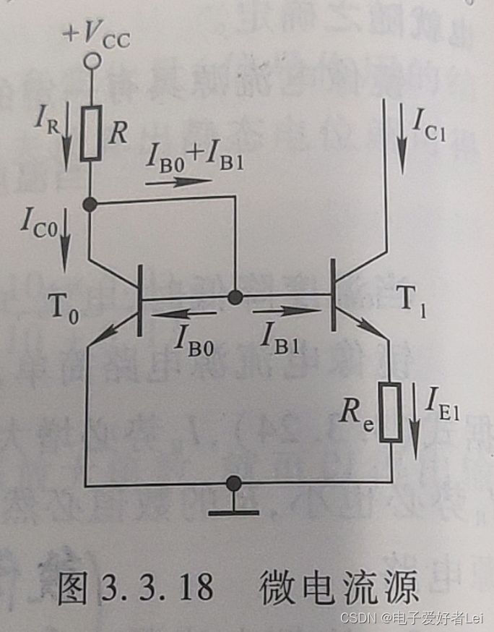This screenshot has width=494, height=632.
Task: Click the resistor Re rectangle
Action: (391, 411)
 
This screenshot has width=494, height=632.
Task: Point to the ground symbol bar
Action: (233, 513)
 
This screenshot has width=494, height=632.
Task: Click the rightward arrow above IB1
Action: (284, 312)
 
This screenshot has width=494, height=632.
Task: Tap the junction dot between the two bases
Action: (234, 296)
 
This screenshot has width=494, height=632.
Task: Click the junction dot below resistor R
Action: (91, 204)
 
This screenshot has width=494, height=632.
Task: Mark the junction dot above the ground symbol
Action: (233, 482)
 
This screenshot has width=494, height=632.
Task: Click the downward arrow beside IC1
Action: (401, 134)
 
